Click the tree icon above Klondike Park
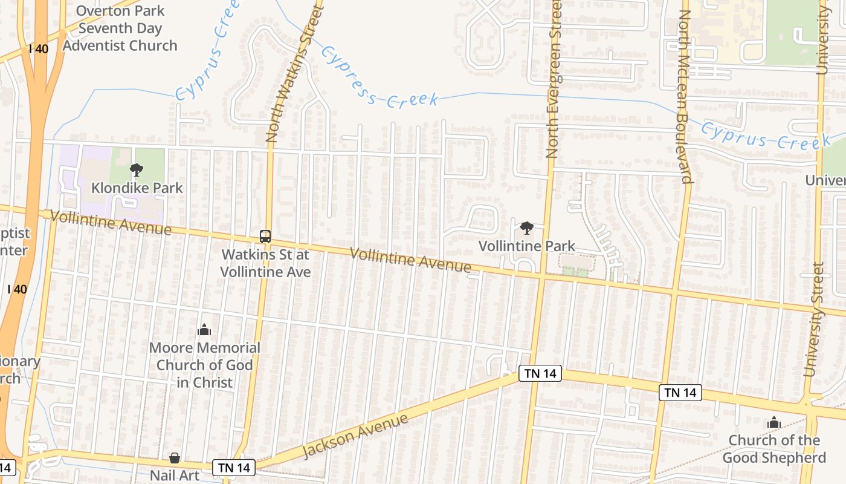tap(137, 170)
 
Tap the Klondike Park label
tap(137, 188)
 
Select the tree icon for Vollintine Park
tap(527, 228)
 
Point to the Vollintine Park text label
tap(527, 246)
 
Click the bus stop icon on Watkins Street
tap(265, 236)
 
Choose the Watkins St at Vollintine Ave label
tap(265, 263)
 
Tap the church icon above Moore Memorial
tap(204, 330)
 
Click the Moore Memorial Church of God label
tap(204, 365)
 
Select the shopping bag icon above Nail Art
tap(175, 458)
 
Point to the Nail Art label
tap(175, 476)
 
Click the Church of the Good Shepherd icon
tap(774, 423)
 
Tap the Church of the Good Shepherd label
tap(774, 448)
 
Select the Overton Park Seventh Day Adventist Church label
tap(120, 28)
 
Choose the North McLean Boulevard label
tap(685, 97)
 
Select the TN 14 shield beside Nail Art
tap(233, 467)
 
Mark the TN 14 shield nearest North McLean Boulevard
tap(680, 393)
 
